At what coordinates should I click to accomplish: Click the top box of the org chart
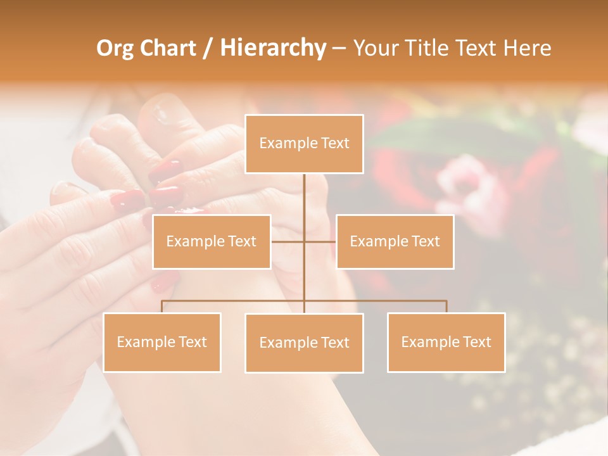[x=304, y=144]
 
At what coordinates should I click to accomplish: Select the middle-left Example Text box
[x=212, y=241]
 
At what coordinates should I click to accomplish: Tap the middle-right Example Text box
[x=395, y=241]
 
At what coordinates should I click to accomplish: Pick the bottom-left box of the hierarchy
[x=161, y=342]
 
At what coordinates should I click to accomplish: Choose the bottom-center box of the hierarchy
[x=304, y=343]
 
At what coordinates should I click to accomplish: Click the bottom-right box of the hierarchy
[x=446, y=342]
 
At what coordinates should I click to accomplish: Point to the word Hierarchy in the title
[x=272, y=48]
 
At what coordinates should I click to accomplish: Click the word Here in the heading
[x=527, y=48]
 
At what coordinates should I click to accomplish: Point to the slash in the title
[x=208, y=48]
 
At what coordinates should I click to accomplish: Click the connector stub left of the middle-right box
[x=320, y=241]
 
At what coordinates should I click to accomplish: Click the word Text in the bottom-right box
[x=476, y=342]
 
